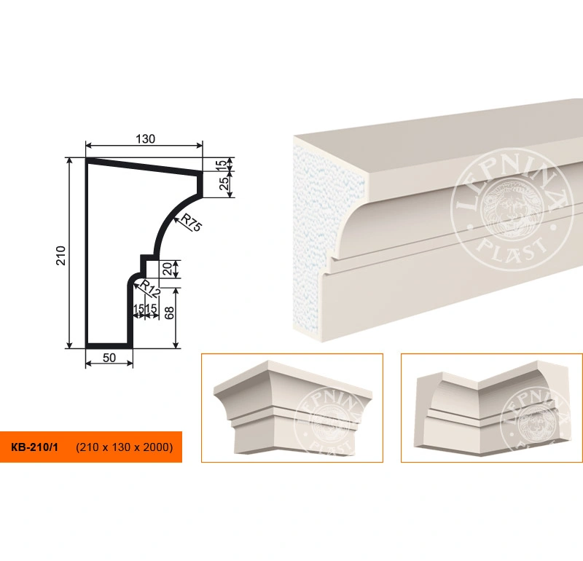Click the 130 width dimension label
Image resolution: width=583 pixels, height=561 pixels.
click(x=145, y=139)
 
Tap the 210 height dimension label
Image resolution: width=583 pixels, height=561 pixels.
click(x=61, y=256)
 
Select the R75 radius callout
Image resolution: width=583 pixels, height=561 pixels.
click(x=191, y=223)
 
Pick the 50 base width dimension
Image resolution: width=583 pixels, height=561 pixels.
click(x=109, y=358)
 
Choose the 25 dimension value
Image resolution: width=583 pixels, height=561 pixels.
click(x=224, y=184)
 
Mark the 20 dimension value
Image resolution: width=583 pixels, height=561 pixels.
click(x=168, y=269)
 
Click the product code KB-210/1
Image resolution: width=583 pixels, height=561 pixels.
click(x=34, y=447)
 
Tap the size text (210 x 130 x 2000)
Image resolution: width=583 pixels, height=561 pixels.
click(x=124, y=447)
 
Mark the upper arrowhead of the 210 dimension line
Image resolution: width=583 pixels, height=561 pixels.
click(x=69, y=161)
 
